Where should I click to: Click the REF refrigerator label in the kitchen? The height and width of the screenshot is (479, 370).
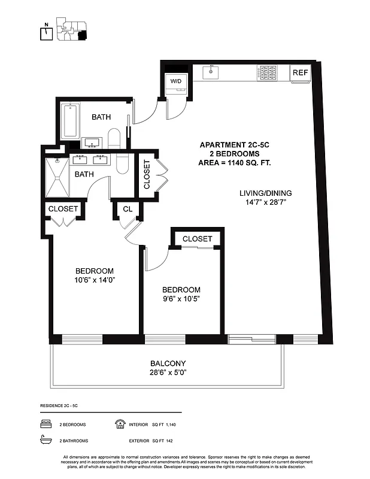300,72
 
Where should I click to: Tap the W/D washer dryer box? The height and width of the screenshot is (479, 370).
176,81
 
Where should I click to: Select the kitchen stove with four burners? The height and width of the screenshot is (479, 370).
268,72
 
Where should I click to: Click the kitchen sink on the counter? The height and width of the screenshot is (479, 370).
210,72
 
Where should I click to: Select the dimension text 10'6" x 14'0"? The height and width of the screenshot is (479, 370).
94,280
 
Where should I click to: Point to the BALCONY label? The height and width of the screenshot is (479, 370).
168,363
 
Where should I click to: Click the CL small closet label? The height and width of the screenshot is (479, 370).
128,209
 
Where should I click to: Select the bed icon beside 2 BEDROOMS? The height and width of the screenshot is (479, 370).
46,425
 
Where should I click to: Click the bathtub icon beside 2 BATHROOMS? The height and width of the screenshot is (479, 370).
46,441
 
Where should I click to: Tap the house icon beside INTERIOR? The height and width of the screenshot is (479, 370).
119,425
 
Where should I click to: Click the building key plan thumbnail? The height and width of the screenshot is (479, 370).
71,29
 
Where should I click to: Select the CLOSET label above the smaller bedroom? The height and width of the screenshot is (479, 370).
197,238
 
